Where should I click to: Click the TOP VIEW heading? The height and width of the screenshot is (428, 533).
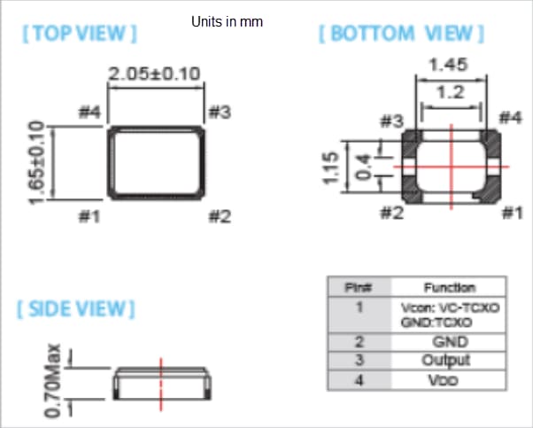79,35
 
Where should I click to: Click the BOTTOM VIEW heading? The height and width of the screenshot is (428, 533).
401,34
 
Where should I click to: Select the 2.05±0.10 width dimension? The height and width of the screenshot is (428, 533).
155,75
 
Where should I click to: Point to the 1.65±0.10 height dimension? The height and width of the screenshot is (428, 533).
36,162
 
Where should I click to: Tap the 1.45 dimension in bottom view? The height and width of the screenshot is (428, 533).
450,66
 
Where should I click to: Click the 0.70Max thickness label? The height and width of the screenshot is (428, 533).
51,381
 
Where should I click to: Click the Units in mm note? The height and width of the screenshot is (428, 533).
228,20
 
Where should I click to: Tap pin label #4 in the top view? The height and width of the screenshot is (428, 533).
90,113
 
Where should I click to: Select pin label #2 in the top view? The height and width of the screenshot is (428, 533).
220,215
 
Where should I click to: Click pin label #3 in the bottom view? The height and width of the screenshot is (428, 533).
391,121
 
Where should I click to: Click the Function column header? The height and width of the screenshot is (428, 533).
449,287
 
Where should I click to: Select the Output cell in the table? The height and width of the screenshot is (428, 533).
449,360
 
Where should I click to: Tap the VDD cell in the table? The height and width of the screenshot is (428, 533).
449,380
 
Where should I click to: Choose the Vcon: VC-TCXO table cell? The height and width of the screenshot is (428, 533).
449,307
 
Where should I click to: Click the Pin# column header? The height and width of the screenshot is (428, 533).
359,287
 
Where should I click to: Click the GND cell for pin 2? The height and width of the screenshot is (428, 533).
449,340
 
